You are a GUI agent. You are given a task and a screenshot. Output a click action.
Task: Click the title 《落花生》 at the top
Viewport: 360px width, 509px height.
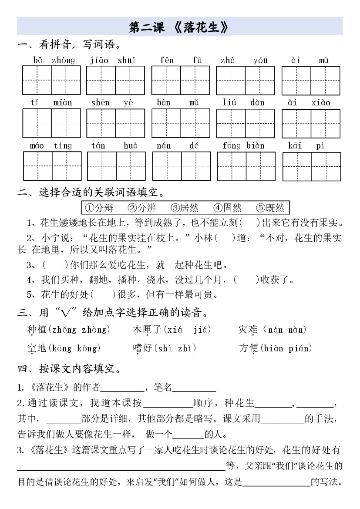coord(179,27)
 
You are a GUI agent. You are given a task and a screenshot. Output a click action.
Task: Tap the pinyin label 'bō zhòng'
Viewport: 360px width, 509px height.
coord(54,61)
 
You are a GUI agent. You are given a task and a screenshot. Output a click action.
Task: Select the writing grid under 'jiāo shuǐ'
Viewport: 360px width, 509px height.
coord(115,81)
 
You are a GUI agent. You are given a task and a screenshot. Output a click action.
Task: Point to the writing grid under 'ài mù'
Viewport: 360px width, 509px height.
coord(310,81)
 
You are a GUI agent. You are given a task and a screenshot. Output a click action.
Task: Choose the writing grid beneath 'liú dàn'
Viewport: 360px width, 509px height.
coord(245,123)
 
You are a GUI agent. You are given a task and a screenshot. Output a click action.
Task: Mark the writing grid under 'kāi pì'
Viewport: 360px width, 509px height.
coord(311,166)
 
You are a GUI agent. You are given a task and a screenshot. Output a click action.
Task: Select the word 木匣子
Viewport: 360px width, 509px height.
coord(144,330)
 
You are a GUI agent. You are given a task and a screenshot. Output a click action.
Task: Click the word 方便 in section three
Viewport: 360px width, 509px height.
coord(249,348)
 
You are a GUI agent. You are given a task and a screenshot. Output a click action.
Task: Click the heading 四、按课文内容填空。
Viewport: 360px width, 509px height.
coord(69,369)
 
